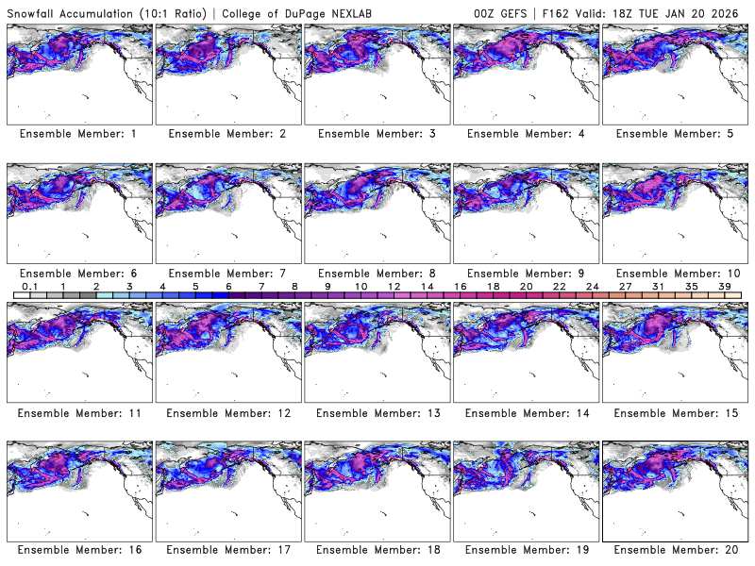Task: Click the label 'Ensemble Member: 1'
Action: coord(78,134)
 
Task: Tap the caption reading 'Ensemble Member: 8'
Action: coord(377,273)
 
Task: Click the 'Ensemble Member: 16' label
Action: coord(78,549)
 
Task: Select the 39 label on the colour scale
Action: coord(725,287)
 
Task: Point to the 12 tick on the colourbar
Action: coord(394,287)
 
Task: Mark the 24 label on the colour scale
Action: coord(593,287)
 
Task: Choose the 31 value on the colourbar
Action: coord(659,287)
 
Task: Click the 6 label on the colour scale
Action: coord(228,287)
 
